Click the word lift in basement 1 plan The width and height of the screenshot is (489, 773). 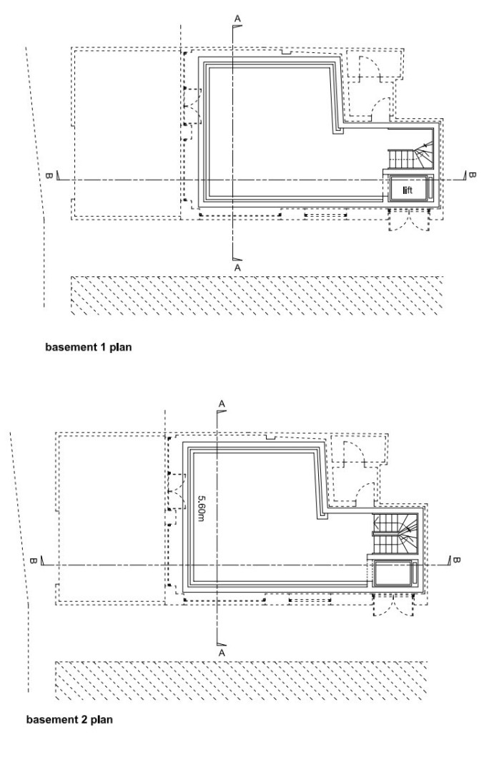coord(407,190)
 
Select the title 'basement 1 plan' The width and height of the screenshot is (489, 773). coord(89,347)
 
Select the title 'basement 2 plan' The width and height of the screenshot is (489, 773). coord(69,720)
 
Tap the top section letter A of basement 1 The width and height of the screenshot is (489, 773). coord(238,19)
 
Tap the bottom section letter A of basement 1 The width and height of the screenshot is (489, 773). coord(237,268)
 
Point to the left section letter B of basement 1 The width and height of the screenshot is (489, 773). coord(49,175)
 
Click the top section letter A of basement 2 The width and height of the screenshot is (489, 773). coord(222,404)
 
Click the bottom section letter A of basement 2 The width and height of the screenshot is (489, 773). coord(222,653)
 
